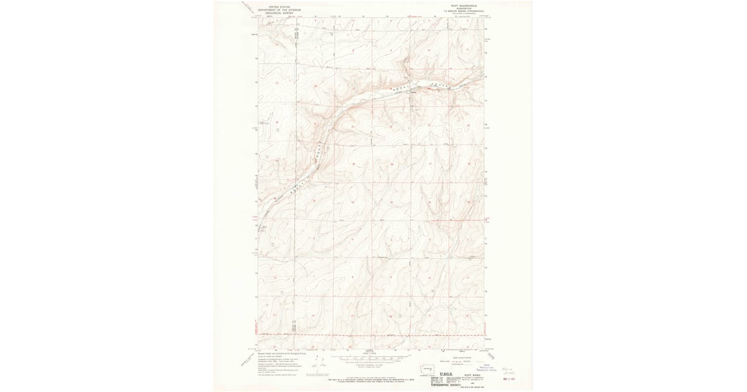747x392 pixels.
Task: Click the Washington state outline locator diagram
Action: [429, 368]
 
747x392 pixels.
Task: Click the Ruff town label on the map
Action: [413, 93]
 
